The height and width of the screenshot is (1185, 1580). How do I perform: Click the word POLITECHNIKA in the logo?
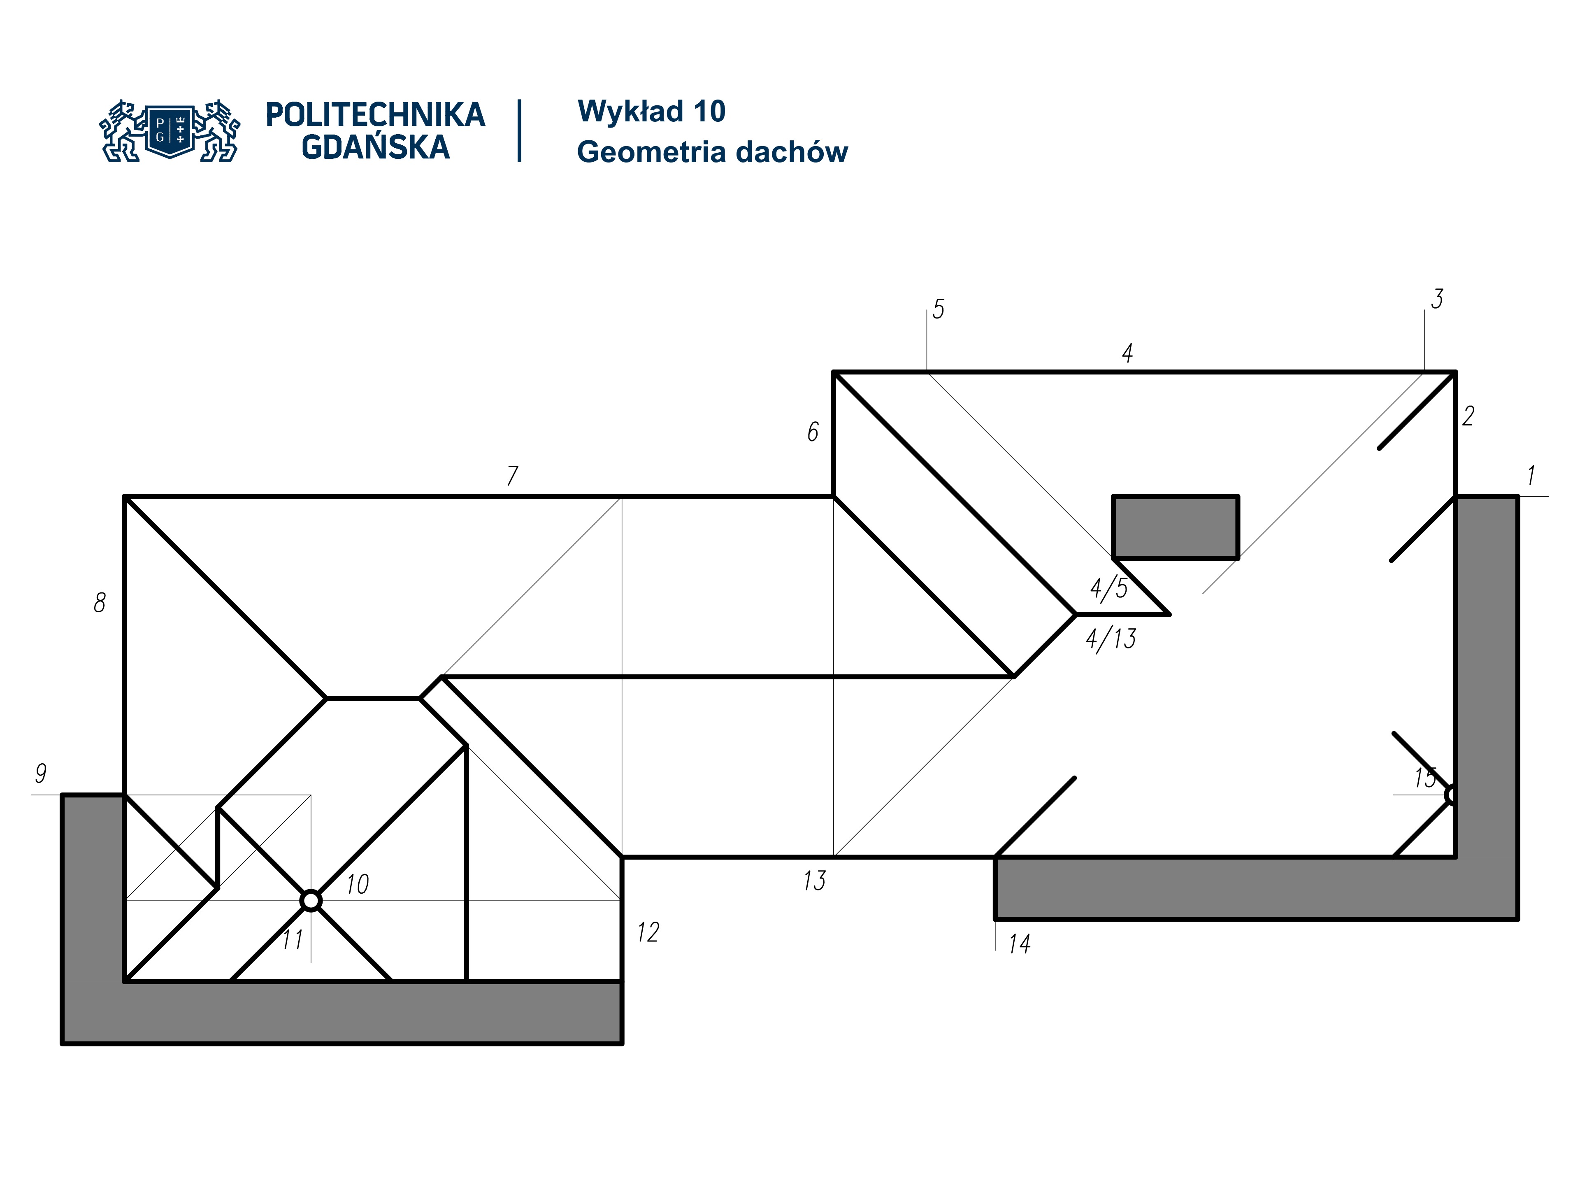tap(375, 115)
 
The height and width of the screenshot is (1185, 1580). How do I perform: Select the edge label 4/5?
tap(1108, 588)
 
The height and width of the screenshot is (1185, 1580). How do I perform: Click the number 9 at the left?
tap(41, 773)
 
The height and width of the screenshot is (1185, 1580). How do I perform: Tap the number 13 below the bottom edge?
tap(814, 881)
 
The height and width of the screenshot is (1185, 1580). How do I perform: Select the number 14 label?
tap(1019, 944)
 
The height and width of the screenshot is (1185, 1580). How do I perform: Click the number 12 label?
tap(648, 932)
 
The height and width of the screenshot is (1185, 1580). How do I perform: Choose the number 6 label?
tap(813, 432)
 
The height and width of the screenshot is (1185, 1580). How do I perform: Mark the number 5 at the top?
tap(939, 309)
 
